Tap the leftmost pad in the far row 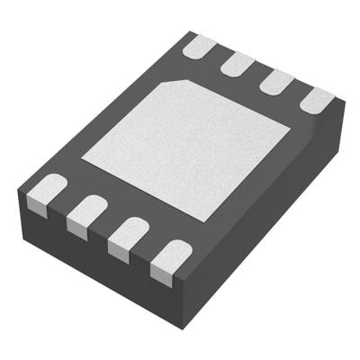coord(200,45)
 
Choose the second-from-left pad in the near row coord(87,212)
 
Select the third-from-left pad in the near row coord(127,234)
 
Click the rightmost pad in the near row coord(168,256)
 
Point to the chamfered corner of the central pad coord(171,83)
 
